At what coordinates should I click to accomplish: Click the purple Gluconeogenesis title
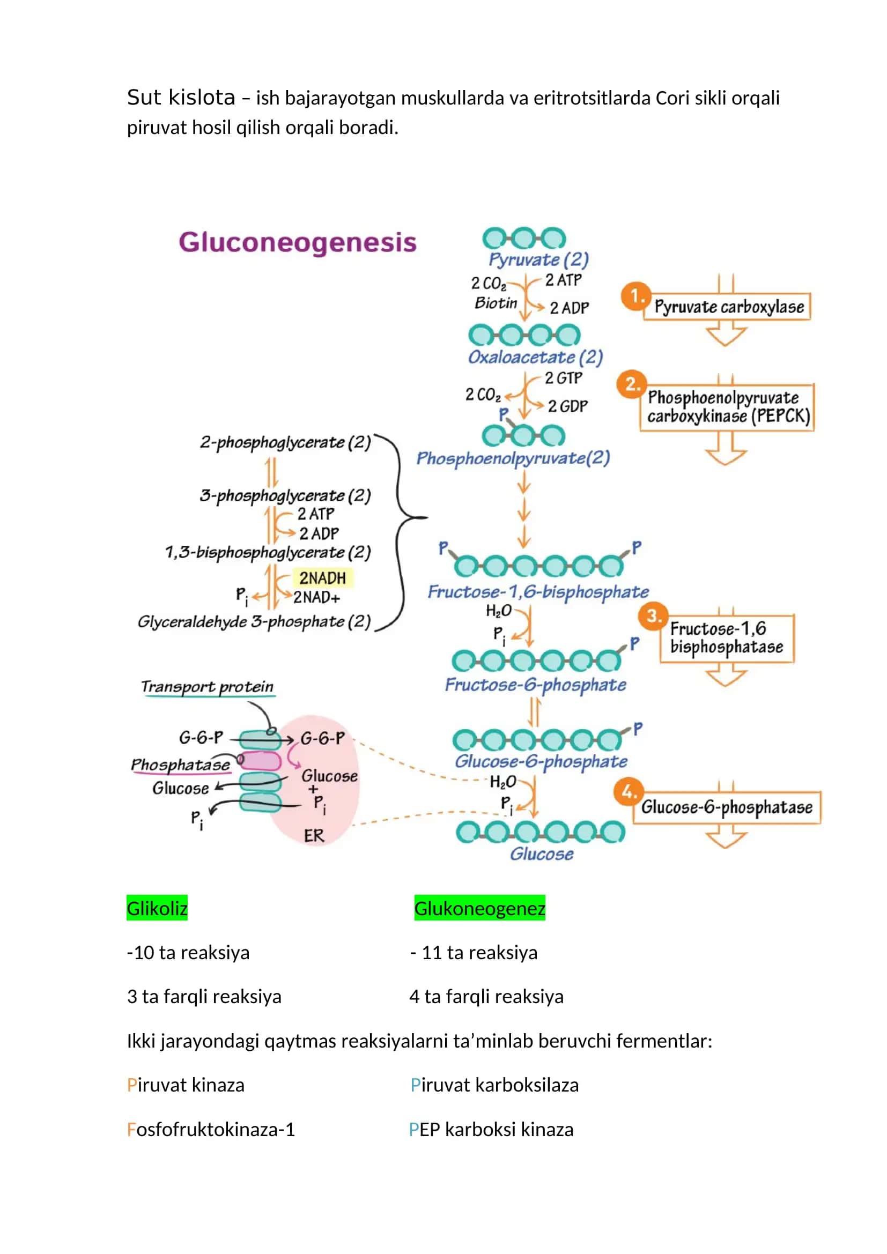(297, 242)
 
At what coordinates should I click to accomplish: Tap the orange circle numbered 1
(635, 296)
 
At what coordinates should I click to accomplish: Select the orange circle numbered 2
(631, 384)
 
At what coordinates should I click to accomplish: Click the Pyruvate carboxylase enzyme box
(727, 307)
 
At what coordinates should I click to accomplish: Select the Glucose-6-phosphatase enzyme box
(727, 807)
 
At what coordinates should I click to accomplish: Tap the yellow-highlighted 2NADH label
(323, 578)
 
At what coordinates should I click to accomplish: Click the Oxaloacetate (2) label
(535, 357)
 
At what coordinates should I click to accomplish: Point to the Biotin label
(496, 302)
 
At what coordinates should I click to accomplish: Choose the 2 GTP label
(564, 378)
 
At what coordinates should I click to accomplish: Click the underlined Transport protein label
(208, 687)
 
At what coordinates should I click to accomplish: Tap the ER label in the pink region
(314, 836)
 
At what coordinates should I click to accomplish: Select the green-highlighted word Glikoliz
(157, 908)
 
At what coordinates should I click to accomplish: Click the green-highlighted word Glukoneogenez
(479, 908)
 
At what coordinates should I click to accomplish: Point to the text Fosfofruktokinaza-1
(211, 1129)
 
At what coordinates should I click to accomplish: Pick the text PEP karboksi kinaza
(491, 1129)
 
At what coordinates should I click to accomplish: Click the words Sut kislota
(181, 97)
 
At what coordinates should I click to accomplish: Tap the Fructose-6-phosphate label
(535, 685)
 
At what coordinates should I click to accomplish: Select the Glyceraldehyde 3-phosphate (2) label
(254, 621)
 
